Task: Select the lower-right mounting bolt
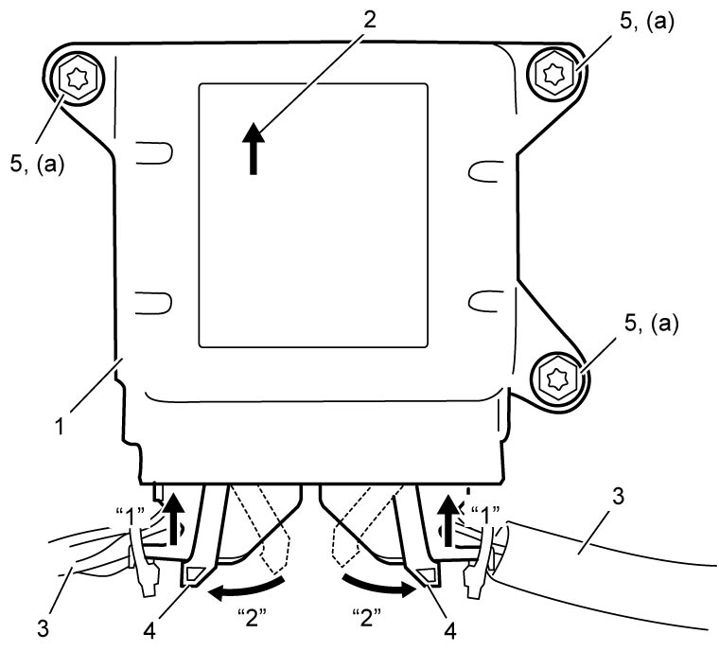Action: (558, 378)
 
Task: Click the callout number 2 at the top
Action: (369, 20)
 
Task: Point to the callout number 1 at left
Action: (60, 426)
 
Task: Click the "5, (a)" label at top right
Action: (646, 21)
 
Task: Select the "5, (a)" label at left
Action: (37, 164)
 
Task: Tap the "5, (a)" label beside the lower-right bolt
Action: (651, 323)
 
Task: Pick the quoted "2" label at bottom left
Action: (252, 617)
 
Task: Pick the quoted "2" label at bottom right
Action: (367, 617)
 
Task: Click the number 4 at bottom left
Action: (149, 631)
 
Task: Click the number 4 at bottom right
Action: (450, 631)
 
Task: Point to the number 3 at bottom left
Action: (43, 628)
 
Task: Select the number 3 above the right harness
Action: (619, 497)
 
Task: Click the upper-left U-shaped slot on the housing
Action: (154, 152)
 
